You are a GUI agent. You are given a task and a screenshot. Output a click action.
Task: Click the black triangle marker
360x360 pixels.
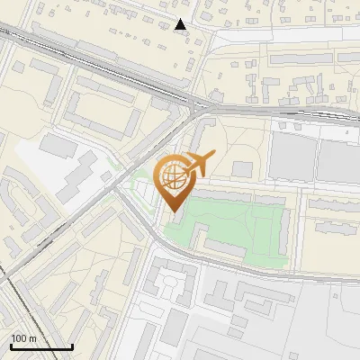182,25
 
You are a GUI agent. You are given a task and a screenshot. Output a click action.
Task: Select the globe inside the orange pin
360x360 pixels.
171,178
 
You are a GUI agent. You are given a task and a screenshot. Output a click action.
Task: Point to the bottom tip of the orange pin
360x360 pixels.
171,211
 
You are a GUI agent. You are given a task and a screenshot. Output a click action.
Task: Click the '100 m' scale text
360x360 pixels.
23,338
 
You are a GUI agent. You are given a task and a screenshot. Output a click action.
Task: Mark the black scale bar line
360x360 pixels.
40,346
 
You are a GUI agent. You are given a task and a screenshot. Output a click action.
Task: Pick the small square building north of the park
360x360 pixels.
242,168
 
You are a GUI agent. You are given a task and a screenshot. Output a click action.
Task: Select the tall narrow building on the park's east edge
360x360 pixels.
286,233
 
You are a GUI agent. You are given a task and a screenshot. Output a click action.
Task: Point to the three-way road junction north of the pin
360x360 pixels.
195,108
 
